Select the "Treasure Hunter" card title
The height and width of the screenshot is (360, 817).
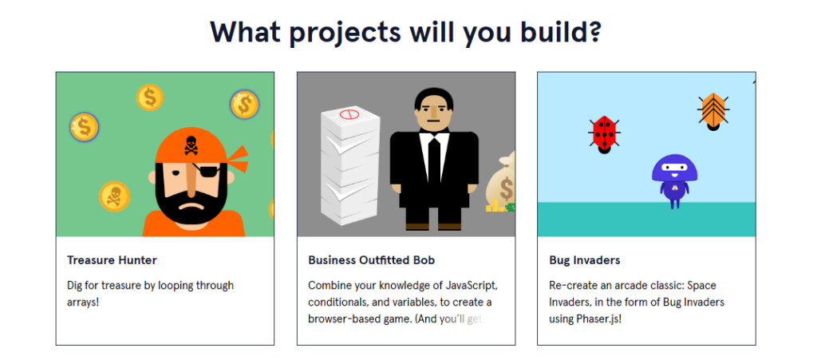tap(112, 260)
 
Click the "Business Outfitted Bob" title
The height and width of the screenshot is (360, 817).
tap(371, 260)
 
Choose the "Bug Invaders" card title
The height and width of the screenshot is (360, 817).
tap(584, 260)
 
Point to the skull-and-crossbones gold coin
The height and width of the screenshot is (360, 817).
tap(114, 196)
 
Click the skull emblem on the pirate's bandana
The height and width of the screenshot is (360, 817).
tap(191, 145)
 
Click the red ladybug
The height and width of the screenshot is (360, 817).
tap(604, 133)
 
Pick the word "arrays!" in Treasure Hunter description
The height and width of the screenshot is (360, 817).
tap(82, 303)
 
